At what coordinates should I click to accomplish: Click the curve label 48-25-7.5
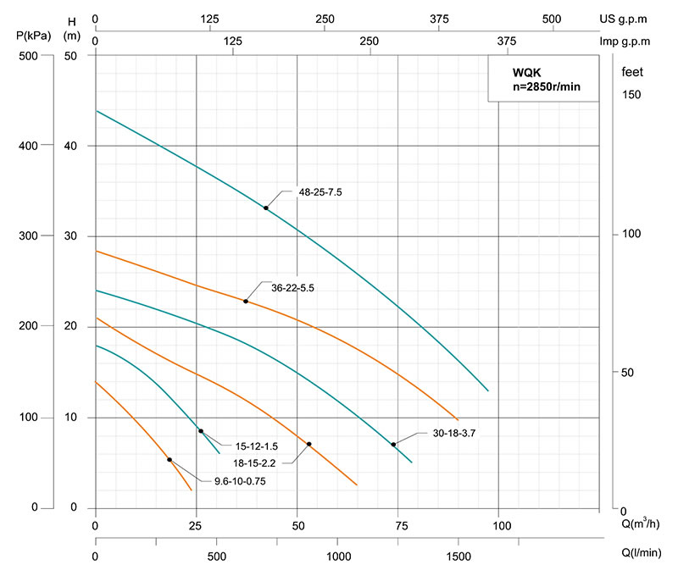320,192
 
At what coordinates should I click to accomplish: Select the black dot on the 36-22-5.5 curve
246,302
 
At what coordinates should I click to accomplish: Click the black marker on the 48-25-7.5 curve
266,208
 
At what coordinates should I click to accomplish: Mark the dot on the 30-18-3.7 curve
393,444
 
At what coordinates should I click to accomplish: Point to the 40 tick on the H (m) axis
73,146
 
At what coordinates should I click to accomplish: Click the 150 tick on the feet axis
631,95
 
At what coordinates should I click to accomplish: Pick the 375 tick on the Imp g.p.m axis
506,41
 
